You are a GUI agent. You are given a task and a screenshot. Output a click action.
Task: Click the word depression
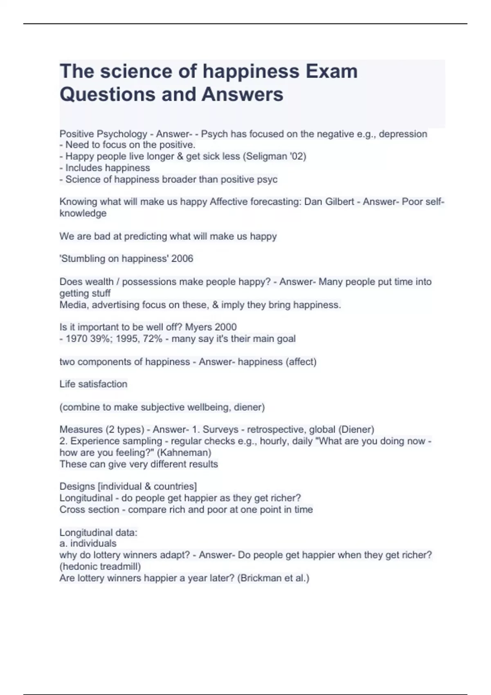point(403,134)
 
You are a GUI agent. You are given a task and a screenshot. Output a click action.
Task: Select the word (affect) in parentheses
point(301,362)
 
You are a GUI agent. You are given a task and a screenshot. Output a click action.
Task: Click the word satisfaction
point(102,384)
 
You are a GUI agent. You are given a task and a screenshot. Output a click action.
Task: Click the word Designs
point(77,486)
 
